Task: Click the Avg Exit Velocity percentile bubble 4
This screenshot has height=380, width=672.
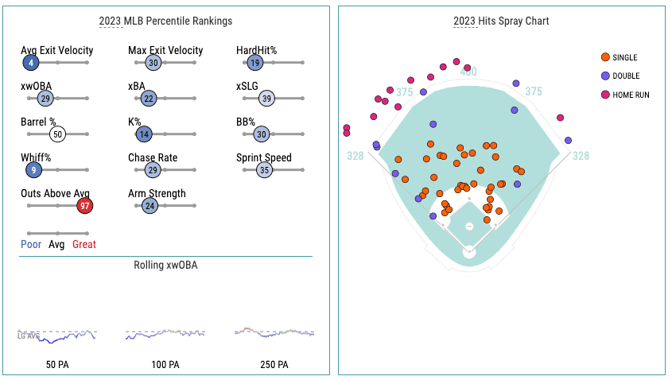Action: [x=30, y=63]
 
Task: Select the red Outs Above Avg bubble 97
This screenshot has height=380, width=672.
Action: [x=84, y=206]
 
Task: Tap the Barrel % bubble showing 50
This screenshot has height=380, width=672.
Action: [x=57, y=134]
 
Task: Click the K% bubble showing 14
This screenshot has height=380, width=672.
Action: [x=144, y=134]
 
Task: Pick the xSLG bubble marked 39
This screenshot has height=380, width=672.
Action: [x=267, y=99]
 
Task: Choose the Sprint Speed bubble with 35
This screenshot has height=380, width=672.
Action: [x=265, y=170]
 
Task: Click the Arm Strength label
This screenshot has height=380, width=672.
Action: [x=157, y=193]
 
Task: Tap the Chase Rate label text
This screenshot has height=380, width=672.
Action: [x=153, y=157]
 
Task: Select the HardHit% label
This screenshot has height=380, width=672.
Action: [x=256, y=50]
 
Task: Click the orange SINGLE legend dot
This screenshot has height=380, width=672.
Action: [x=606, y=57]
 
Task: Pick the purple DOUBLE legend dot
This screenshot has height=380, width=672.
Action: [x=606, y=76]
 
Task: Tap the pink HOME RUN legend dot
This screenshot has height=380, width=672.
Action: [x=606, y=95]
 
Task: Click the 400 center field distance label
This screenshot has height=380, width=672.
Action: [x=468, y=72]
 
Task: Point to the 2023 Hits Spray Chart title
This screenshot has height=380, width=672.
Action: [x=501, y=21]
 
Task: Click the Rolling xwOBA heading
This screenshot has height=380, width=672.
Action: [x=165, y=265]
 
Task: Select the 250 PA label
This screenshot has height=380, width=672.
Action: [x=274, y=365]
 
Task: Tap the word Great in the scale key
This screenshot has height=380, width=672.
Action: [x=84, y=244]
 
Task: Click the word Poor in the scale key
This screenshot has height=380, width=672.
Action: [x=32, y=244]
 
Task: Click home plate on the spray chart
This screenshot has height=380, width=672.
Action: [x=468, y=252]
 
